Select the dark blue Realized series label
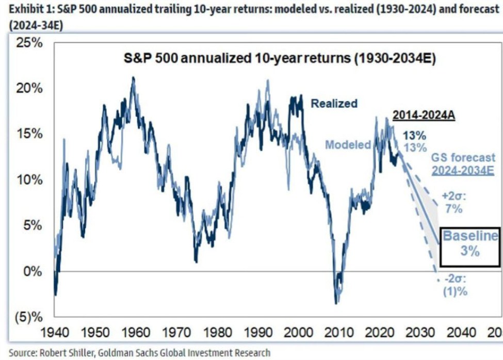(x=334, y=103)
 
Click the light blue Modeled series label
(x=348, y=145)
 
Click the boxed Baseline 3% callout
(x=469, y=247)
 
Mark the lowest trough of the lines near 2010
(x=336, y=303)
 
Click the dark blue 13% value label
(x=414, y=136)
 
